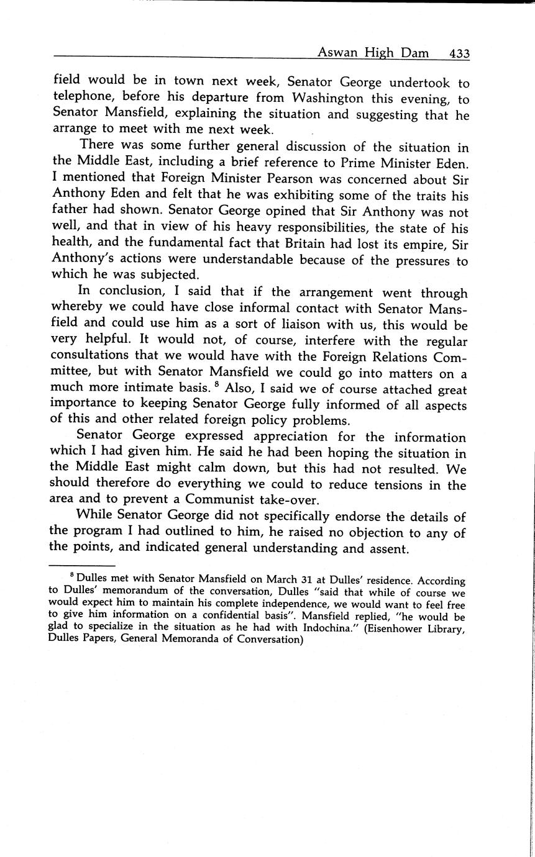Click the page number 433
click(x=459, y=53)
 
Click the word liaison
click(x=315, y=325)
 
